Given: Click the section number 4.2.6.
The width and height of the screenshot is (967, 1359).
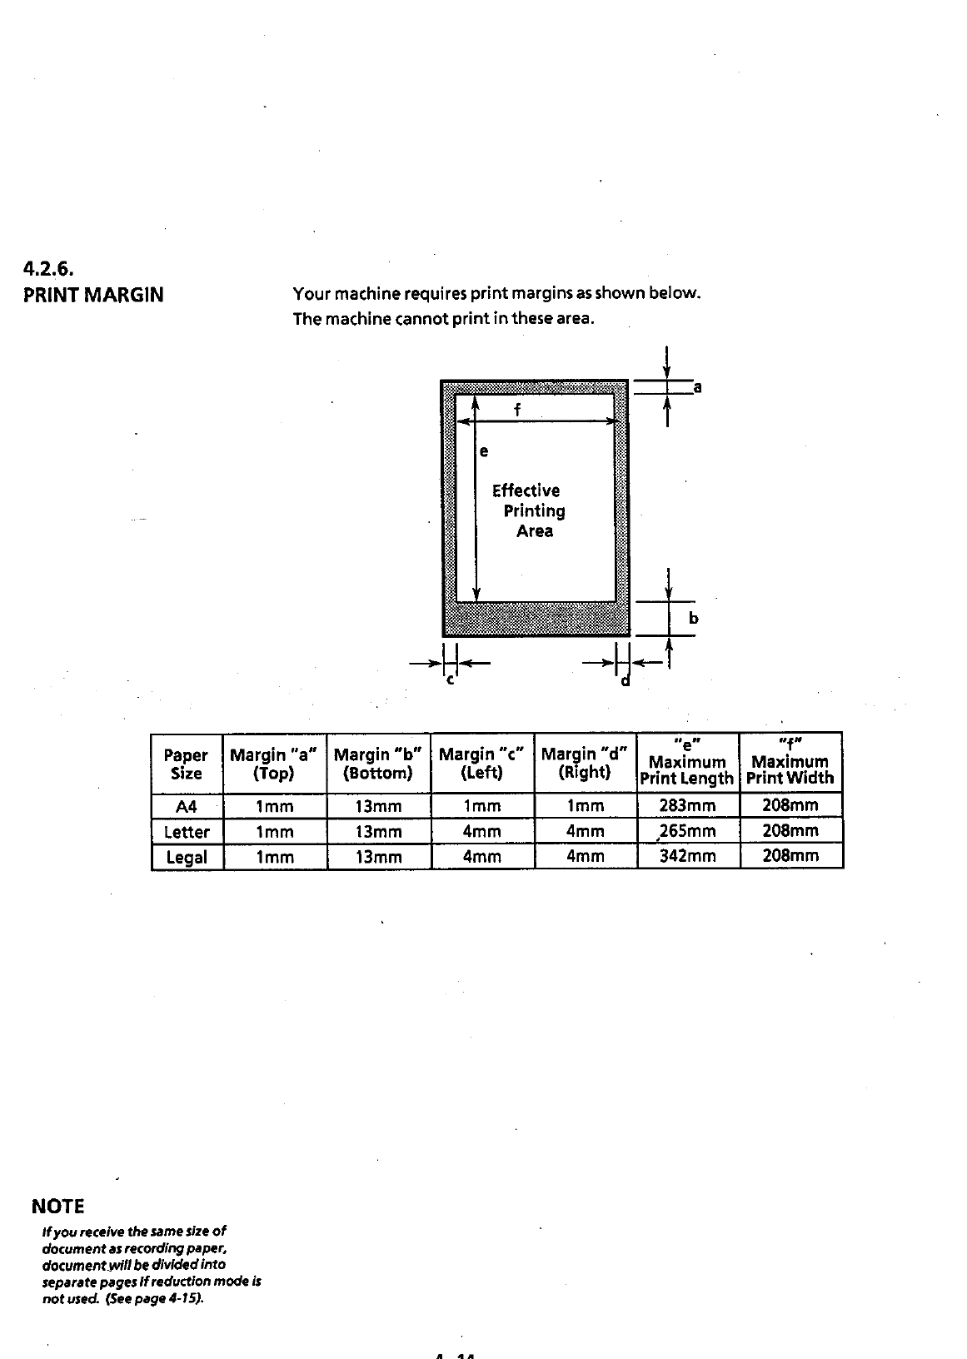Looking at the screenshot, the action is [x=49, y=269].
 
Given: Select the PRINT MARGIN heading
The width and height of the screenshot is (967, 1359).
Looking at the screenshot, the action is [x=93, y=295].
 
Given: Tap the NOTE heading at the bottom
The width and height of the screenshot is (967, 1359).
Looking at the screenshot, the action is [x=57, y=1207].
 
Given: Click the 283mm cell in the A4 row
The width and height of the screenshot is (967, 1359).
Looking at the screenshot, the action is [x=687, y=805].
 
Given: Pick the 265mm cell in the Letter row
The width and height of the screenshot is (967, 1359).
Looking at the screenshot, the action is [x=687, y=831].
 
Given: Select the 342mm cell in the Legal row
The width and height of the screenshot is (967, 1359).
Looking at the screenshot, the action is [x=687, y=856].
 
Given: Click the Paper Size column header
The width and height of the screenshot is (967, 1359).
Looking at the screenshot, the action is [x=186, y=764].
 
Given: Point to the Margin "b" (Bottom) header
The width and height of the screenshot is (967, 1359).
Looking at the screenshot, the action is [x=377, y=764].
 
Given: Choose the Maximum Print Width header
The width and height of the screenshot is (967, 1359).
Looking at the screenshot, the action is [x=790, y=762].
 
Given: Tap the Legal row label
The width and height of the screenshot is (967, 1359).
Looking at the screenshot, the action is [x=187, y=857].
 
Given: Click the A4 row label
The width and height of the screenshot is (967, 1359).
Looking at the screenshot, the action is [x=187, y=806].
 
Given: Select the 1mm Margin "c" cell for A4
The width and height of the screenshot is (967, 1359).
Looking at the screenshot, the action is [x=481, y=806].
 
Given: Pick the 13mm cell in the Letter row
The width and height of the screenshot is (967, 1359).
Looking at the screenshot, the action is [x=378, y=832].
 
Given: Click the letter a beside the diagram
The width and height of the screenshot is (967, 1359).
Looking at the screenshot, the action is [x=698, y=387].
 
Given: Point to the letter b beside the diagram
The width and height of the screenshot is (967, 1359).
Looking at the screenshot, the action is [x=693, y=619].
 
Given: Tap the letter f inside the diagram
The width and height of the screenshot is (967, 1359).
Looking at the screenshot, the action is [x=517, y=410].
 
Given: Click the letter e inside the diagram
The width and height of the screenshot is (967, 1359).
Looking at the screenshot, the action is [x=485, y=451].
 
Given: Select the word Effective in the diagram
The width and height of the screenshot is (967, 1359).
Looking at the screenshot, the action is [x=526, y=490].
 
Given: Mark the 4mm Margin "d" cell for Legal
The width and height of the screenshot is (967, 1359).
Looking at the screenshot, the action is [x=585, y=856].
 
